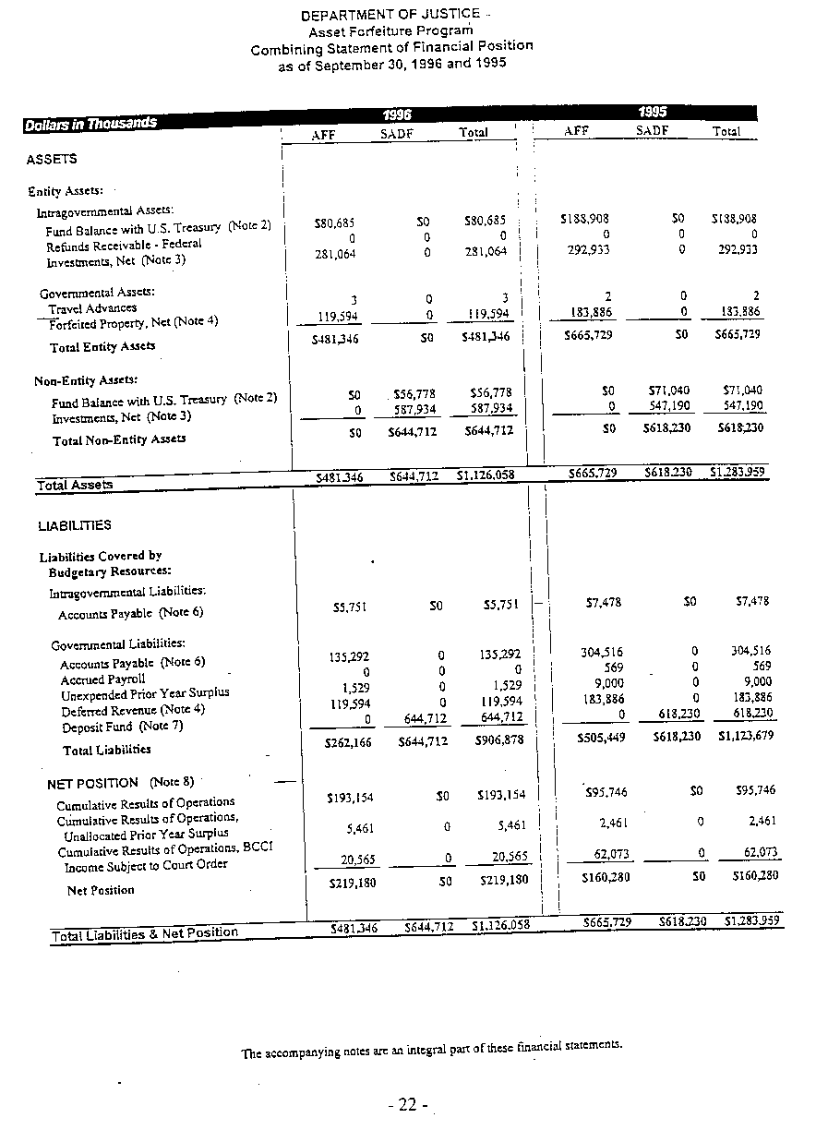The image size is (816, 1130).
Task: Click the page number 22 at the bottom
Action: point(409,1105)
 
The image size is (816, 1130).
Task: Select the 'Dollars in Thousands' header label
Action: point(90,123)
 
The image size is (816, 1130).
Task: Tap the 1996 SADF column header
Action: point(399,134)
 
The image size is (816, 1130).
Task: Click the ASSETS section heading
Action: point(52,159)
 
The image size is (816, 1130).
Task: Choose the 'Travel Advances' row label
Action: point(92,308)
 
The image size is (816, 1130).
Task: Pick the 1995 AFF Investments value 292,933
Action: point(592,250)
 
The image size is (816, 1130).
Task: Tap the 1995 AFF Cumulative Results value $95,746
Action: point(606,791)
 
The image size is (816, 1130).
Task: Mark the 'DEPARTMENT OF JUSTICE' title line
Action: point(390,14)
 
